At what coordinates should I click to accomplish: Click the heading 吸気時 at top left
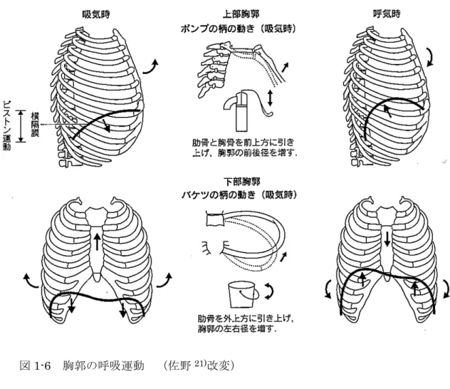pos(96,14)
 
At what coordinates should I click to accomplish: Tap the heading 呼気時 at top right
pos(387,14)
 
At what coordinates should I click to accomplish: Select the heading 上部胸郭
pos(241,14)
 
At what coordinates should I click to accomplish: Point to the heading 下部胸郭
pos(241,182)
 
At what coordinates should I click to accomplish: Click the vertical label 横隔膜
pos(36,125)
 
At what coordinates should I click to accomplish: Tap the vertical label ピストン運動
pos(6,125)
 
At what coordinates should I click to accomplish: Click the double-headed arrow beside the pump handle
pos(269,98)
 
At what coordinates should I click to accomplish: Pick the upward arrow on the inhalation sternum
pos(97,242)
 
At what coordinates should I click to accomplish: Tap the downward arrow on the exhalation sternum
pos(387,238)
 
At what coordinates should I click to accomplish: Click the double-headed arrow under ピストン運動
pos(21,126)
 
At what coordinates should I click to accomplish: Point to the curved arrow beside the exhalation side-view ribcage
pos(430,57)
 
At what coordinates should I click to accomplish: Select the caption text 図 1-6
pos(35,366)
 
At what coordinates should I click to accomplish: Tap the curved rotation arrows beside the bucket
pos(269,291)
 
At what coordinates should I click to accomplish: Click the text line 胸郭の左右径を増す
pos(237,328)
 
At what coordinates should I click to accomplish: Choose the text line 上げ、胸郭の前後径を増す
pos(244,152)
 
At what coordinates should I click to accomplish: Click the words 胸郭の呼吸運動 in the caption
pos(103,366)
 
